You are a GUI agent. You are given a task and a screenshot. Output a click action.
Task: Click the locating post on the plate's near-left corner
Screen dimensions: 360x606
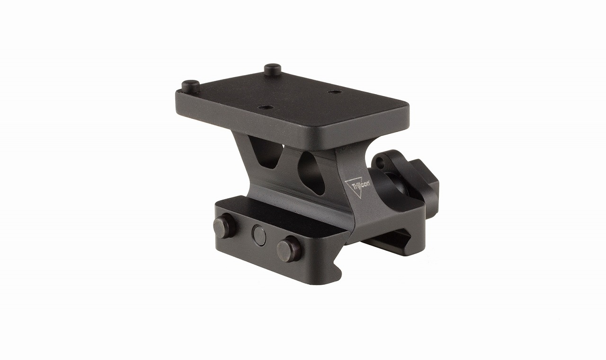tap(190, 86)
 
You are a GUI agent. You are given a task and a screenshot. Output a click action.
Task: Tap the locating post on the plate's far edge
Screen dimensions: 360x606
tap(273, 70)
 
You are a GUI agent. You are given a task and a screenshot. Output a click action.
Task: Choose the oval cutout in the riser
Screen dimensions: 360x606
tap(313, 172)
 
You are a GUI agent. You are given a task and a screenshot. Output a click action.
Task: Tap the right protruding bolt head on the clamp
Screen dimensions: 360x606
tap(288, 249)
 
